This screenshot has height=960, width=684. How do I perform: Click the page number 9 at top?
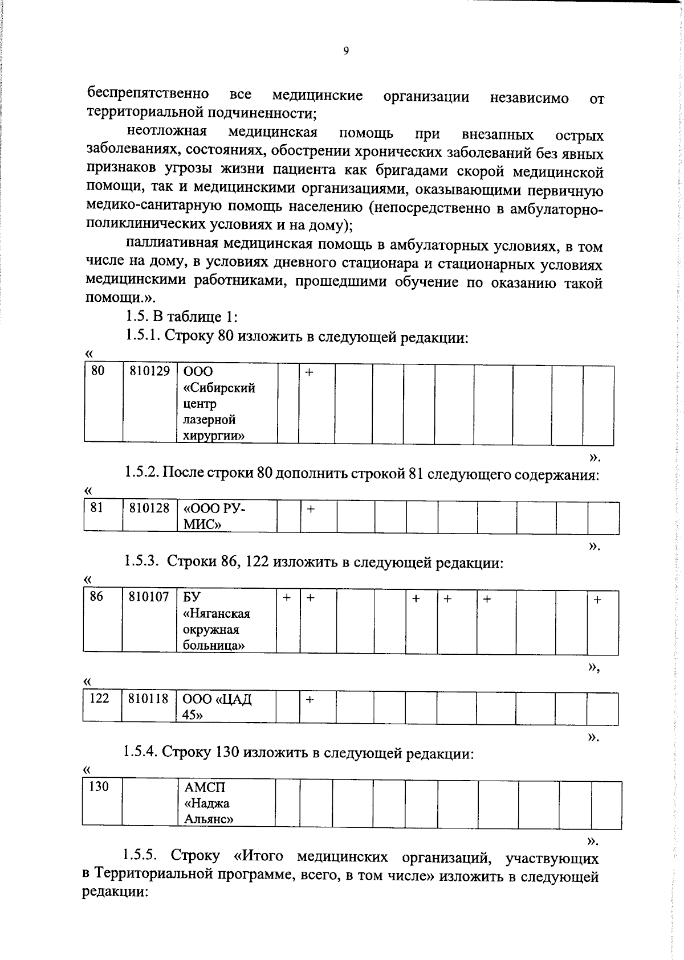coord(346,51)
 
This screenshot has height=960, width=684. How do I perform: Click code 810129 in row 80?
coord(149,371)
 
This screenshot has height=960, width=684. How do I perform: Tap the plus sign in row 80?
coord(309,372)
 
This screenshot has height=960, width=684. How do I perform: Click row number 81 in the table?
coord(97,507)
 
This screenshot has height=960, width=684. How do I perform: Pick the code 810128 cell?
coord(149,508)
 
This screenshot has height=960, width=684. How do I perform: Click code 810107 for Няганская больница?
coord(149,597)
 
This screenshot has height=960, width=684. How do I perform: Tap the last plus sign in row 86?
coord(597,600)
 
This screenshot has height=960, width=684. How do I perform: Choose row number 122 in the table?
coord(99,698)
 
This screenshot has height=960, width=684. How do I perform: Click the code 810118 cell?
coord(148,699)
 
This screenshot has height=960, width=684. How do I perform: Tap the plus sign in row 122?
coord(309,699)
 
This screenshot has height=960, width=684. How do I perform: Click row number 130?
coord(99,787)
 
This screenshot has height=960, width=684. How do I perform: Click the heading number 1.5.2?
coord(141,473)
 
